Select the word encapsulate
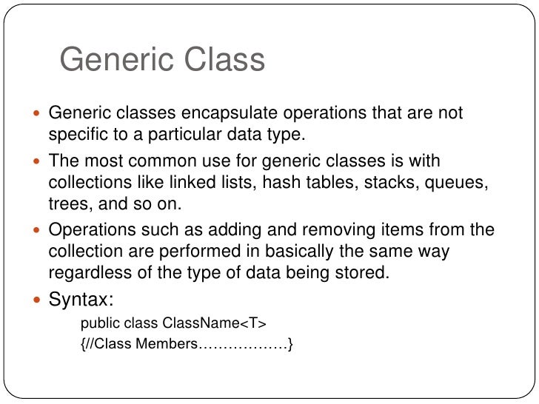pos(221,114)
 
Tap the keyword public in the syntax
pos(98,323)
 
